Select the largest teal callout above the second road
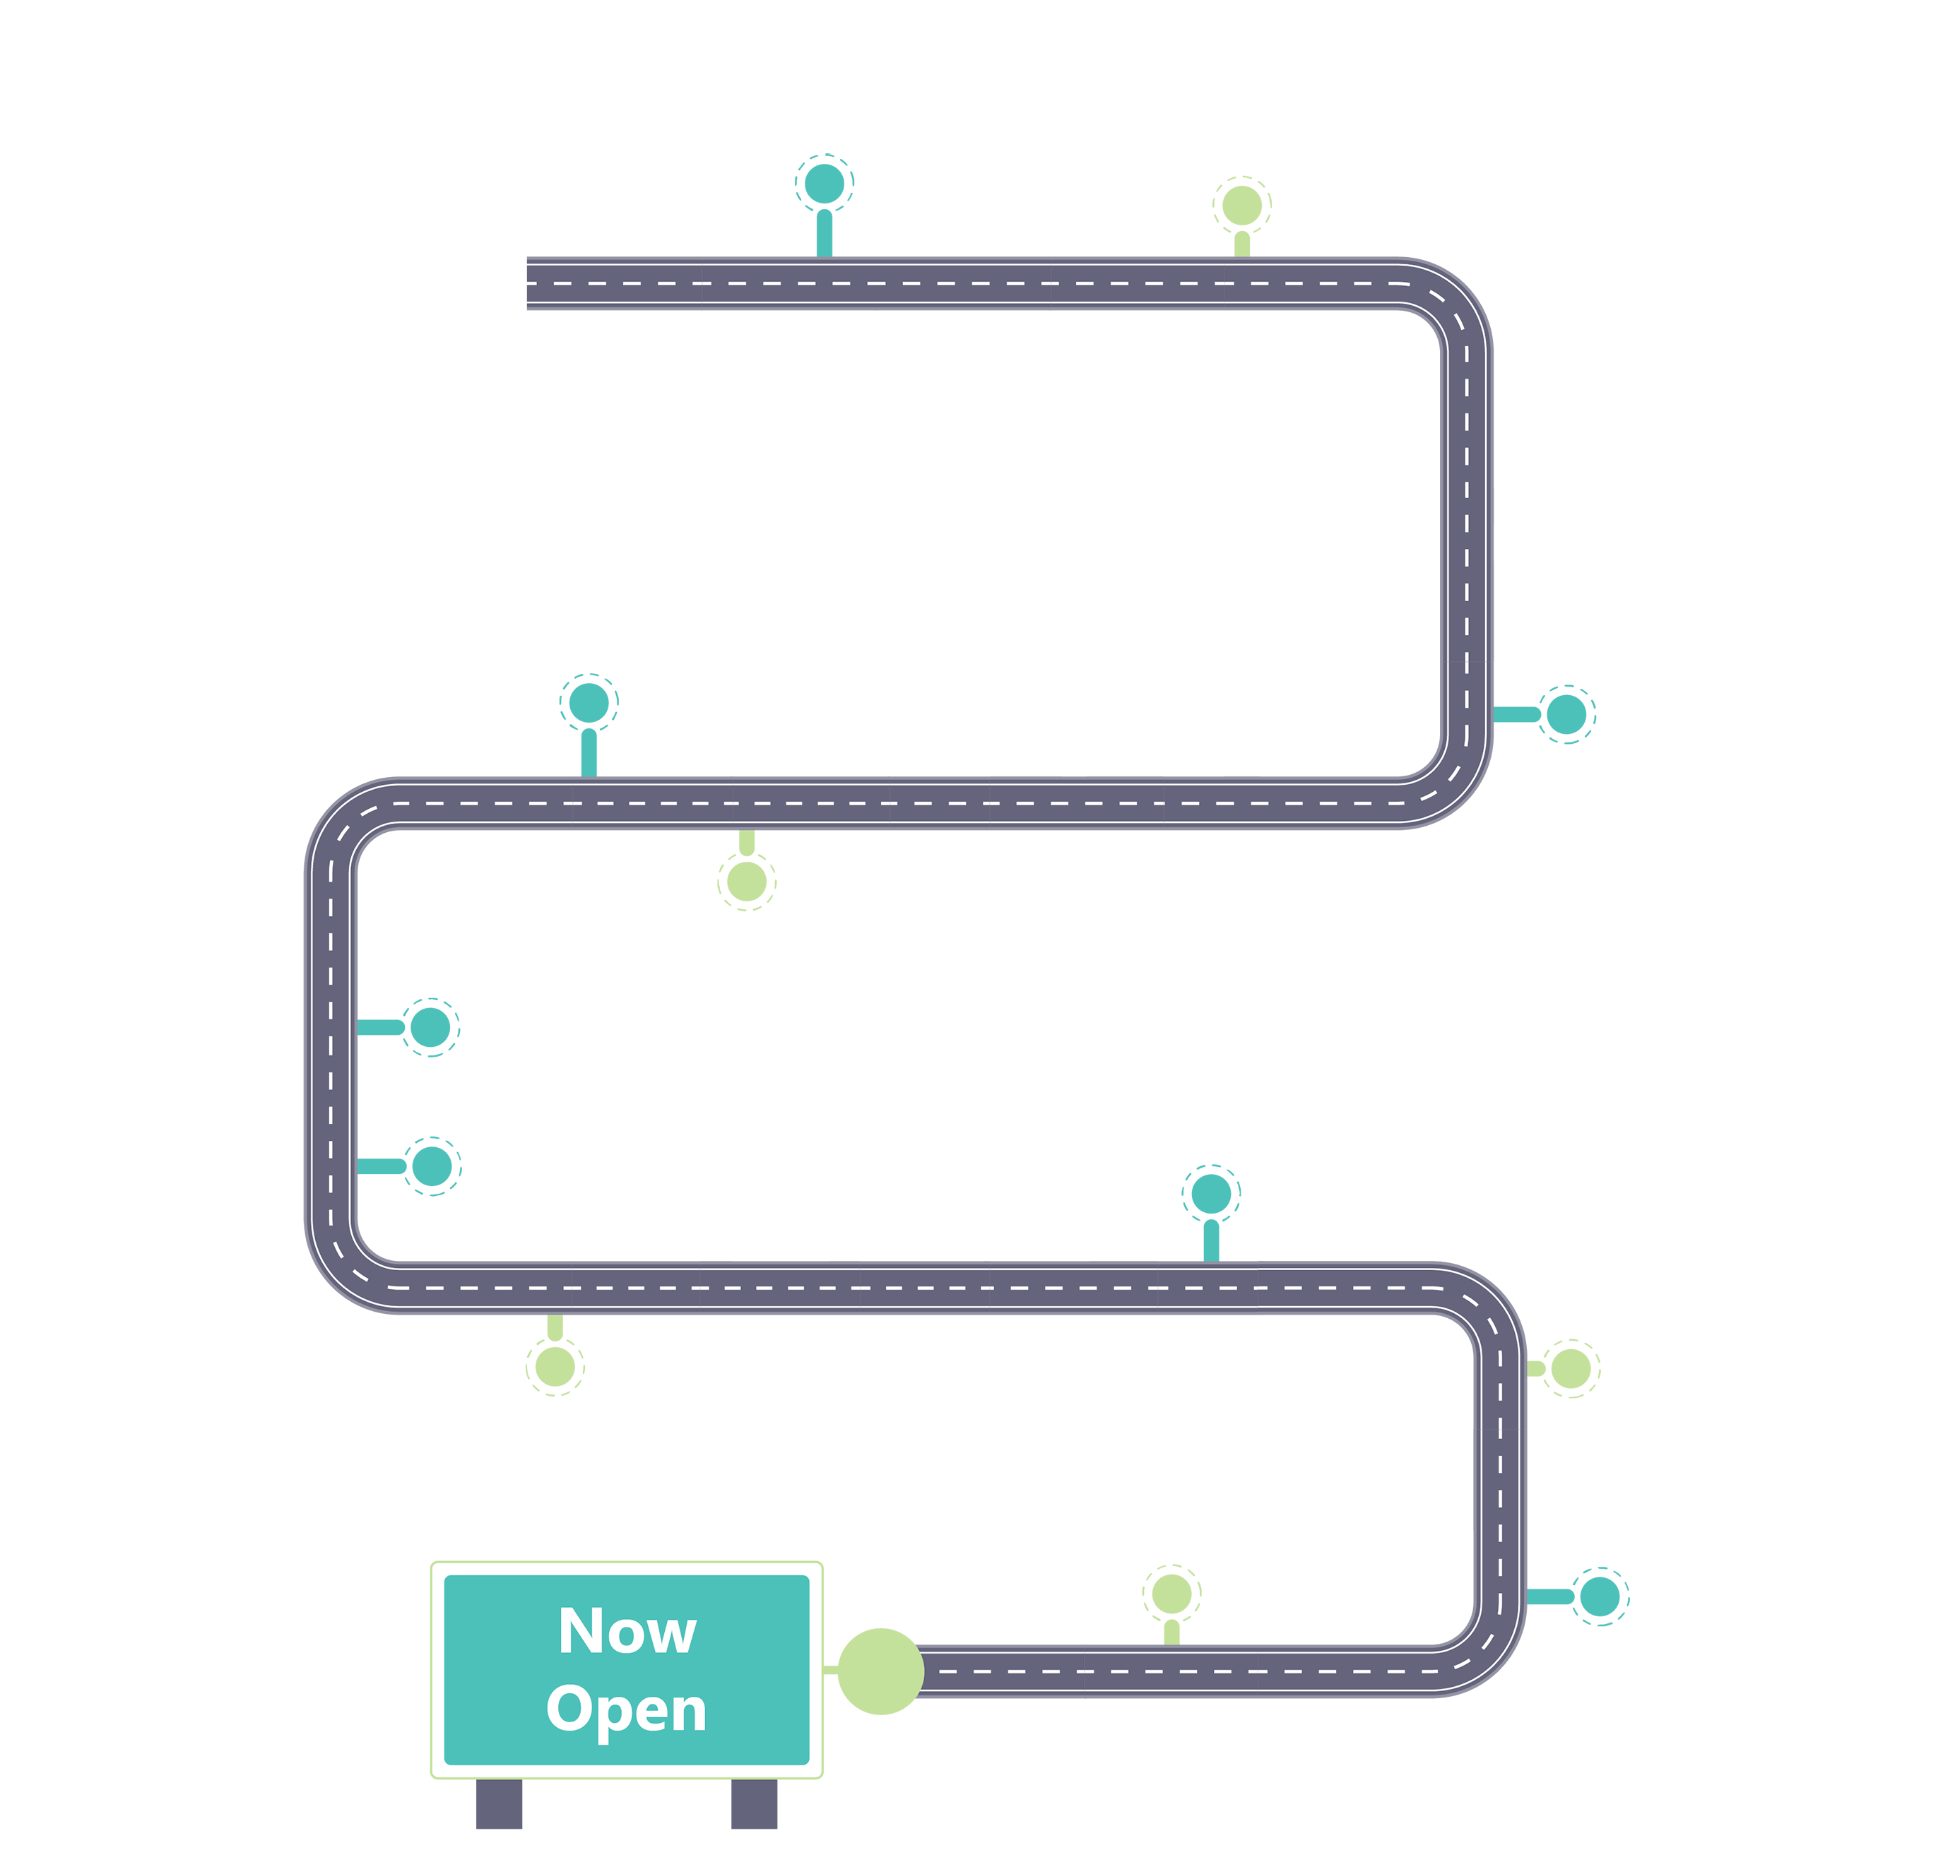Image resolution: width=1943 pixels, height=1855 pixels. click(589, 593)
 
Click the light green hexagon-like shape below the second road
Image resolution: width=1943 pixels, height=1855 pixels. click(747, 944)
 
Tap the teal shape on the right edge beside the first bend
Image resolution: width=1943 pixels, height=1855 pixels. click(1572, 732)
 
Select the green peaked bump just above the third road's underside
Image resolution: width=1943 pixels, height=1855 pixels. click(554, 1375)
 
